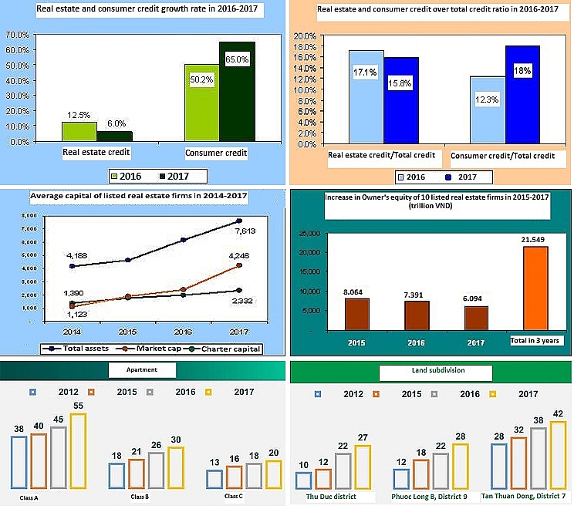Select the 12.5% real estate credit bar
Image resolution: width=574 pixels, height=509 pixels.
coord(79,131)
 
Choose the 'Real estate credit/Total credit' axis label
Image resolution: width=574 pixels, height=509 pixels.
coord(381,156)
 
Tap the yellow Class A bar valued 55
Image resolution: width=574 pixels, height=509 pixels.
coord(79,451)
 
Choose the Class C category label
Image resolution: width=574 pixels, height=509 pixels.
coord(234,497)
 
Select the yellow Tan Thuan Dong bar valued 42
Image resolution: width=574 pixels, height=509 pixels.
coord(558,455)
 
